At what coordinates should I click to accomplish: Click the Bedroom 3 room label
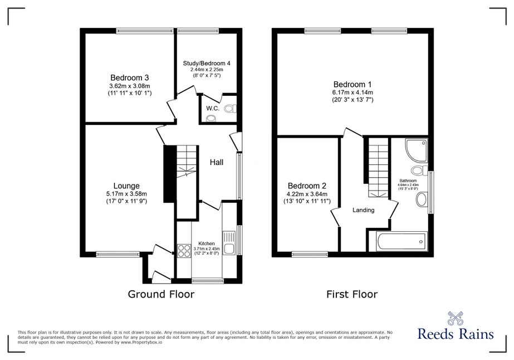(x=130, y=78)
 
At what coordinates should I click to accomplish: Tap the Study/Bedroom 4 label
(x=207, y=64)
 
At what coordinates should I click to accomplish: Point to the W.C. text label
(x=213, y=109)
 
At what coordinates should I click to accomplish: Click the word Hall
(x=217, y=162)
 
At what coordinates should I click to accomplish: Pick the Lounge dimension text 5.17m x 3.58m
(x=126, y=194)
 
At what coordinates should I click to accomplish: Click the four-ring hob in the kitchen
(x=184, y=251)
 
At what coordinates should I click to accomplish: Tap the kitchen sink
(x=229, y=243)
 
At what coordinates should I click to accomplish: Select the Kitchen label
(x=207, y=244)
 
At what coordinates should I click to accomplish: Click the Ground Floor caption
(x=161, y=294)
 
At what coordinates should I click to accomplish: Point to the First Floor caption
(x=352, y=294)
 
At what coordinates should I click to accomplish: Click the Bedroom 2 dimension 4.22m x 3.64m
(x=307, y=194)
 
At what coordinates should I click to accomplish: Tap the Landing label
(x=364, y=210)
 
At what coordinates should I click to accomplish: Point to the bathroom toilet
(x=419, y=171)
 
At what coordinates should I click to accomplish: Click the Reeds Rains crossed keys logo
(x=456, y=318)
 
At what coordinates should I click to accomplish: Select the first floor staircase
(x=378, y=167)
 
